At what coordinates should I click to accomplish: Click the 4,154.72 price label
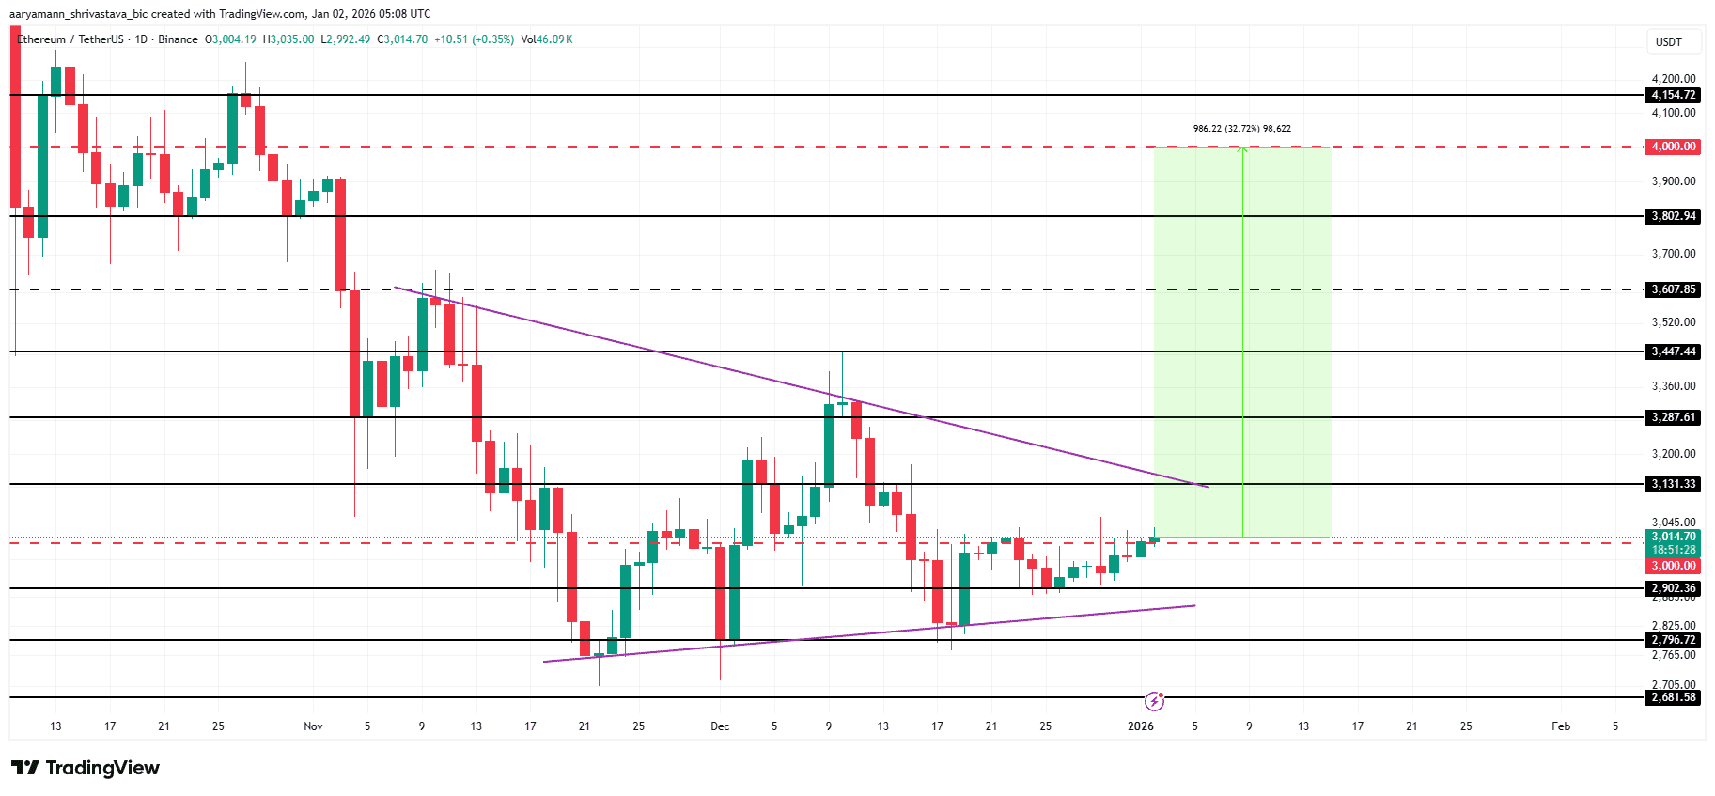coord(1674,95)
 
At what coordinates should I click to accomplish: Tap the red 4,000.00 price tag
coord(1674,147)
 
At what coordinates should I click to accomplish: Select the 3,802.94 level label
coord(1674,216)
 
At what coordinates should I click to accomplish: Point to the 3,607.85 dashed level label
coord(1674,289)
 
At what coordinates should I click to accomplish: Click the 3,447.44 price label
coord(1674,351)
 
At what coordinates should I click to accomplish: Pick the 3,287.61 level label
coord(1674,417)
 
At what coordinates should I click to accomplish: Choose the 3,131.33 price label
coord(1674,484)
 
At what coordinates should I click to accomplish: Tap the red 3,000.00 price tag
coord(1674,566)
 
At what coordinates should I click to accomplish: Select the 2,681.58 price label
coord(1674,697)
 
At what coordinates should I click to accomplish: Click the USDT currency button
coord(1669,42)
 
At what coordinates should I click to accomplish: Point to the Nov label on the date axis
coord(313,726)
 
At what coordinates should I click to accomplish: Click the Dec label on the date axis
coord(720,726)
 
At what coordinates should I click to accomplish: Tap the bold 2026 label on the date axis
coord(1140,726)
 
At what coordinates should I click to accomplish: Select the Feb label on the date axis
coord(1561,726)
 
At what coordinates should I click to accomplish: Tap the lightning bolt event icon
coord(1154,701)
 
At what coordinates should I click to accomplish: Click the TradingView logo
coord(86,768)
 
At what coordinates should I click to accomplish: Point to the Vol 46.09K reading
coord(547,39)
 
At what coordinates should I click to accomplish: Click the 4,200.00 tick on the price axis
coord(1674,79)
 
